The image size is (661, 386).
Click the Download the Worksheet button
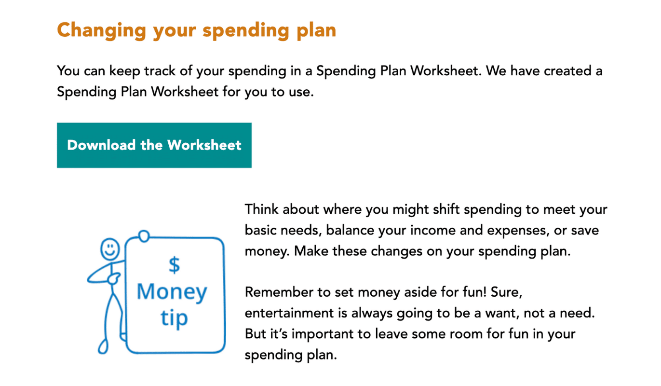(x=154, y=145)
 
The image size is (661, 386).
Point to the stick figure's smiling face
(x=110, y=249)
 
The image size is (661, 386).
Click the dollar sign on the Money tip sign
(x=174, y=264)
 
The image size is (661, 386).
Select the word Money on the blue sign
(x=172, y=292)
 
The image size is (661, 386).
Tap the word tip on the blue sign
(x=174, y=318)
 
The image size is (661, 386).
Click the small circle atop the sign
(x=144, y=236)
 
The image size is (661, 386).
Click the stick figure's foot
(x=103, y=346)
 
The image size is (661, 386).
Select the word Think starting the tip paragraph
(x=261, y=209)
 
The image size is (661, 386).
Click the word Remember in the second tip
(x=279, y=292)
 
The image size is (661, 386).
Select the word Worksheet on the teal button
(x=204, y=145)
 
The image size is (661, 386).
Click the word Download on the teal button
(x=101, y=145)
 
